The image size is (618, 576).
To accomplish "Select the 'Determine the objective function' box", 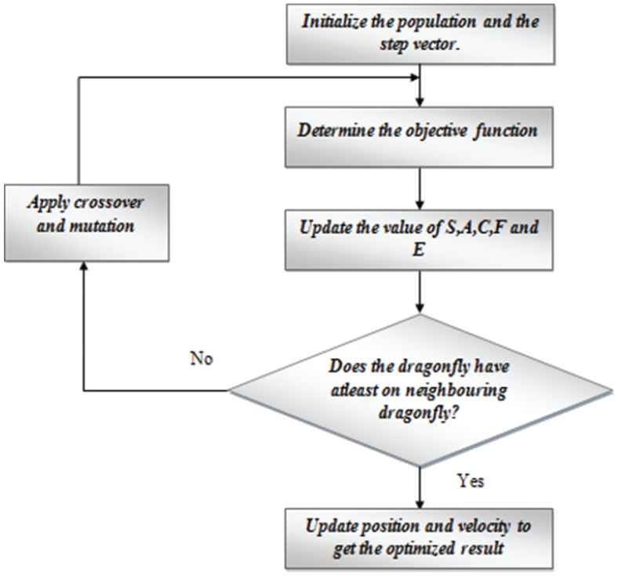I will [422, 131].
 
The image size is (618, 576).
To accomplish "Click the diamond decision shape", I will [422, 389].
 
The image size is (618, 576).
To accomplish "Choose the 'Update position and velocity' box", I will [422, 538].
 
